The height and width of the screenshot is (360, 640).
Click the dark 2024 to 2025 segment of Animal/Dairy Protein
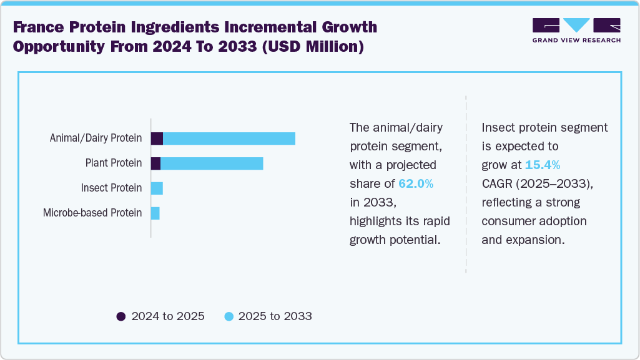pyautogui.click(x=157, y=139)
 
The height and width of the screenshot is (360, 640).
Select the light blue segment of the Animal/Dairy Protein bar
pyautogui.click(x=229, y=139)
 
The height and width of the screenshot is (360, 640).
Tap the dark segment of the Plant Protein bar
pyautogui.click(x=155, y=163)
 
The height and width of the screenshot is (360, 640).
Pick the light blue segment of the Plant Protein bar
pyautogui.click(x=212, y=163)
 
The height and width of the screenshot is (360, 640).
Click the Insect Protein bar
pyautogui.click(x=157, y=188)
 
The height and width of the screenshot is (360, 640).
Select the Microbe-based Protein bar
pyautogui.click(x=155, y=213)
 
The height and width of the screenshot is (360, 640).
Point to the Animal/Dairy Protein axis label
pyautogui.click(x=96, y=138)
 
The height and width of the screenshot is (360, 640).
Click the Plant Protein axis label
pyautogui.click(x=114, y=163)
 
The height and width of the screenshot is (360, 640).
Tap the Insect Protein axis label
pyautogui.click(x=111, y=188)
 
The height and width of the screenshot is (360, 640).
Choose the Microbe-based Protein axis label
pyautogui.click(x=92, y=213)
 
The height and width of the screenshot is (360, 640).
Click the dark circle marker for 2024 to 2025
pyautogui.click(x=121, y=316)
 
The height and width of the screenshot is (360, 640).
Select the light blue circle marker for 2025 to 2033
pyautogui.click(x=229, y=316)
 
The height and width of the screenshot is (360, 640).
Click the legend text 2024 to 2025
pyautogui.click(x=168, y=316)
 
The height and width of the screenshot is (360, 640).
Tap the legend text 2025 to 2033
pyautogui.click(x=275, y=316)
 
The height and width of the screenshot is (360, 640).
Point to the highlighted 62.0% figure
pyautogui.click(x=416, y=183)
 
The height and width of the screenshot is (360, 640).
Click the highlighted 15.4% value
pyautogui.click(x=542, y=165)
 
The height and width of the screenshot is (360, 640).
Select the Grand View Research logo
pyautogui.click(x=576, y=30)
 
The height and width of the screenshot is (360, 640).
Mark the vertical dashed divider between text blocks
pyautogui.click(x=466, y=184)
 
